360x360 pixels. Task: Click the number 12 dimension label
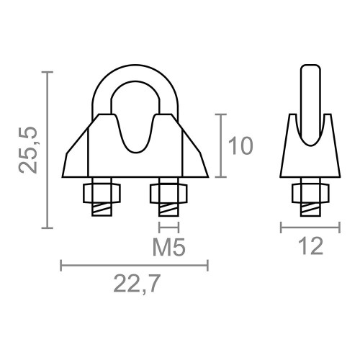[309, 247]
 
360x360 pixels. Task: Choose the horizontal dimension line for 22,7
[135, 266]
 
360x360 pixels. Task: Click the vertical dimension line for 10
[220, 145]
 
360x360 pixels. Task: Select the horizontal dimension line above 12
[309, 228]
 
